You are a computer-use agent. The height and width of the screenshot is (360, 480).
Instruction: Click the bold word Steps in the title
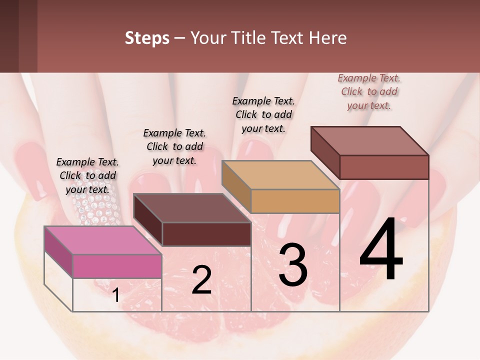tap(147, 38)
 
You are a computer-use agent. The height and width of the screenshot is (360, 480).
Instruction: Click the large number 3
tap(292, 264)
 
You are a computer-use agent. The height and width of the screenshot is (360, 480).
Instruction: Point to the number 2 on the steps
tap(201, 280)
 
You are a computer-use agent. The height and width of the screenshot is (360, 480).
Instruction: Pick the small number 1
tap(116, 295)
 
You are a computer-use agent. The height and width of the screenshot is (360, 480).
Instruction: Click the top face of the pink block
tap(103, 240)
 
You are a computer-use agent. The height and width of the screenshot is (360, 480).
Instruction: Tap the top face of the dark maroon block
tap(192, 208)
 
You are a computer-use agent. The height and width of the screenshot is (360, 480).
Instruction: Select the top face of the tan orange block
tap(280, 175)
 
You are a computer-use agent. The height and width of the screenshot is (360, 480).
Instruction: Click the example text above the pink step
tap(87, 175)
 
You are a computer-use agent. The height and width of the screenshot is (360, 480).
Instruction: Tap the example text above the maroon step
tap(174, 146)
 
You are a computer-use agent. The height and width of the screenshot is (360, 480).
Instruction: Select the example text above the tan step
tap(263, 114)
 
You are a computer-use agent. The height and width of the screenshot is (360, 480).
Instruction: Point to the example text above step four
tap(369, 91)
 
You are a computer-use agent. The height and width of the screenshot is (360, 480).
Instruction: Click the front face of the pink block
tap(117, 266)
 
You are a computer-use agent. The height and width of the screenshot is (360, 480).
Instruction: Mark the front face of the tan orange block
tap(295, 201)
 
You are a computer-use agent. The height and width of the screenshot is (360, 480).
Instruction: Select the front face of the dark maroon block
tap(206, 234)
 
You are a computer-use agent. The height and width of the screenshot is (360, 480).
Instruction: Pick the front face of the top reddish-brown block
tap(384, 167)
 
